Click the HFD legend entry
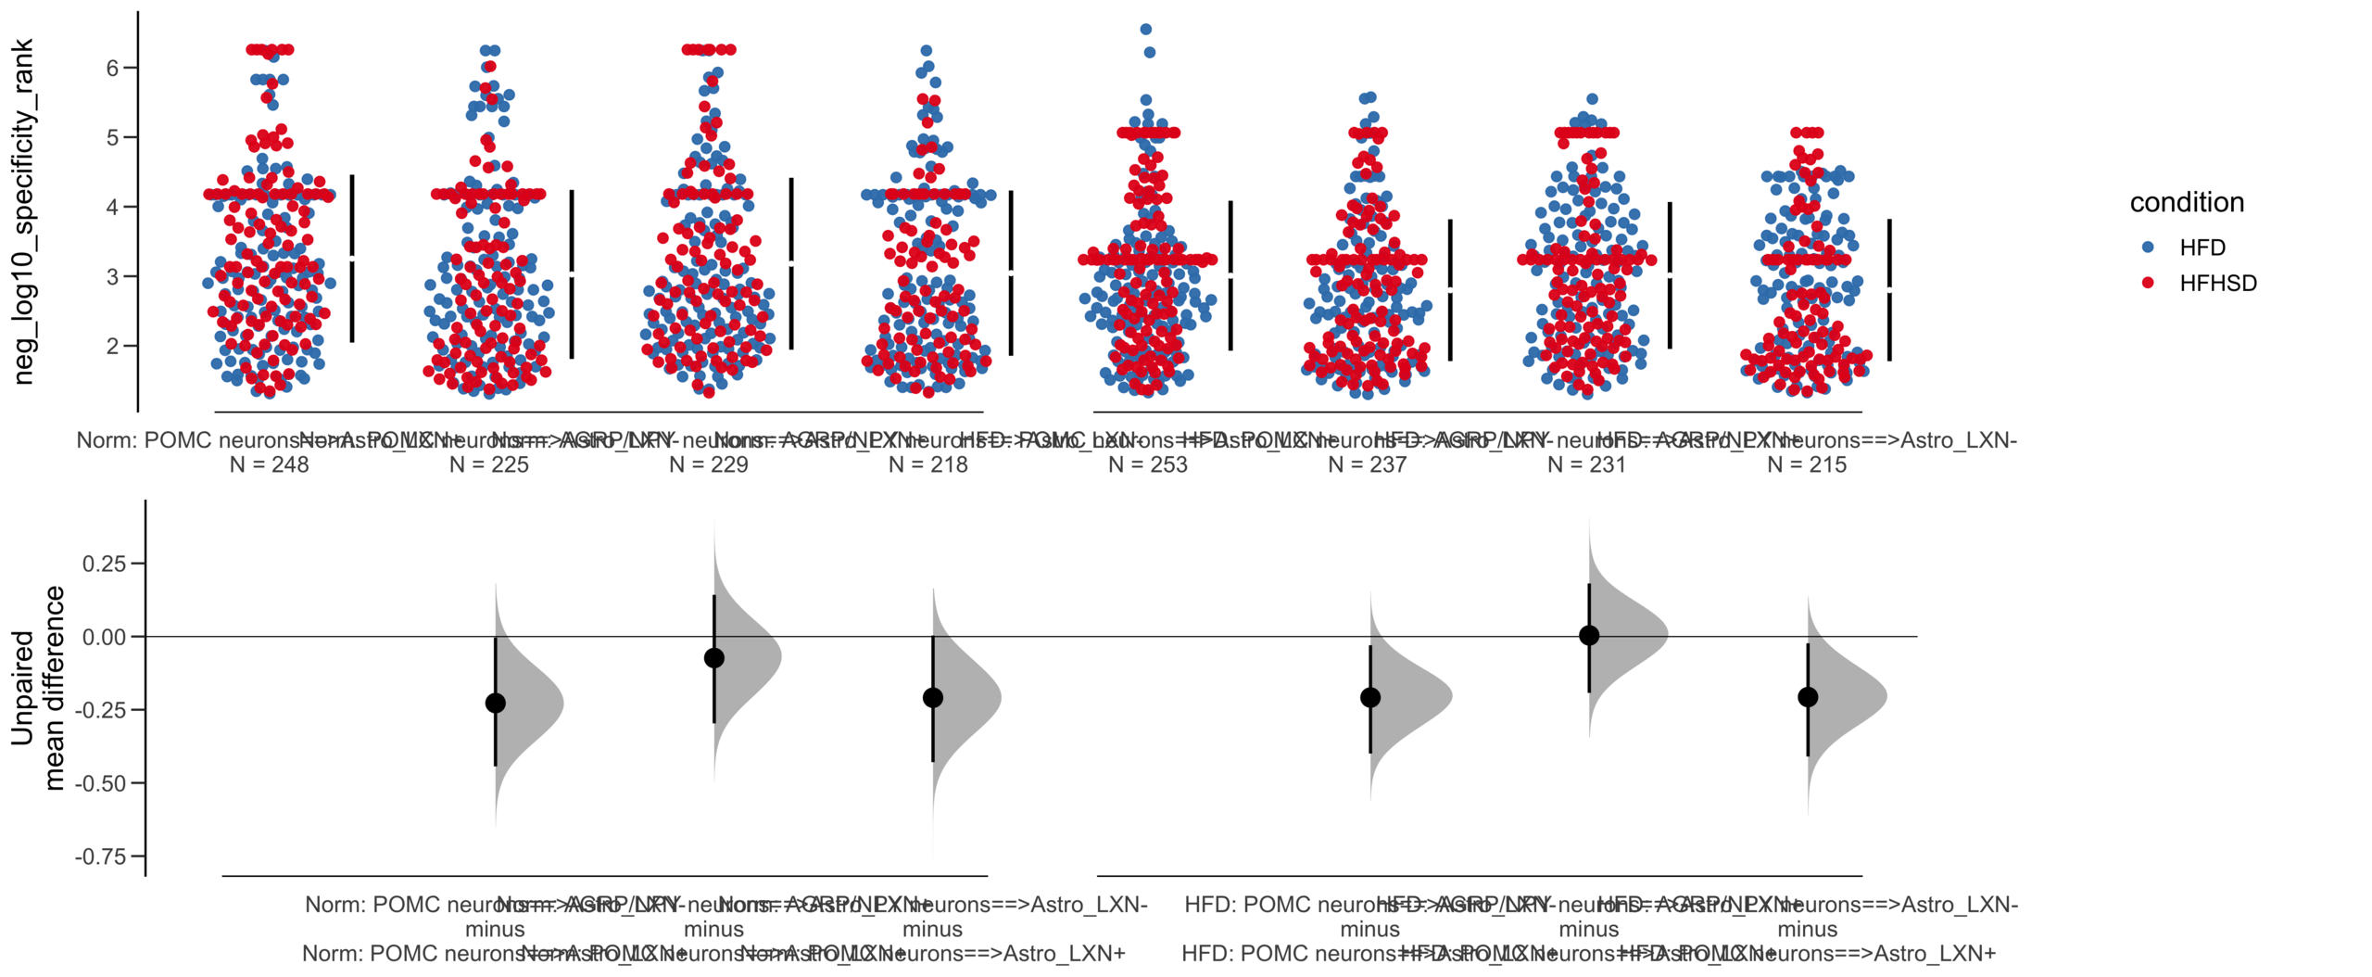tap(2200, 247)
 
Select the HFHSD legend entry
tap(2216, 283)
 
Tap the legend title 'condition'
tap(2186, 202)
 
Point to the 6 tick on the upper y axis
tap(113, 68)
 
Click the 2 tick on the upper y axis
tap(113, 346)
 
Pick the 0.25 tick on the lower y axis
tap(104, 564)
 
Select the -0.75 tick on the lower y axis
tap(100, 856)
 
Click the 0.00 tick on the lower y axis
tap(104, 637)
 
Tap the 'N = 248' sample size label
tap(269, 464)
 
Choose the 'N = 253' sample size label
tap(1147, 464)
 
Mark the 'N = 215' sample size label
tap(1806, 464)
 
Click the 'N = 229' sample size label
tap(708, 464)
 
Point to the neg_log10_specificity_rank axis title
tap(23, 211)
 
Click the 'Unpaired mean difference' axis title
tap(37, 688)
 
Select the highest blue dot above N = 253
tap(1146, 30)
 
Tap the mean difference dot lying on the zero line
tap(1589, 635)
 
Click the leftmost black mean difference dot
tap(496, 703)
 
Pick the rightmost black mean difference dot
tap(1808, 697)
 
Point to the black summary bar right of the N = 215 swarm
tap(1889, 289)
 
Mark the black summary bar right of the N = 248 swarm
tap(352, 258)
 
